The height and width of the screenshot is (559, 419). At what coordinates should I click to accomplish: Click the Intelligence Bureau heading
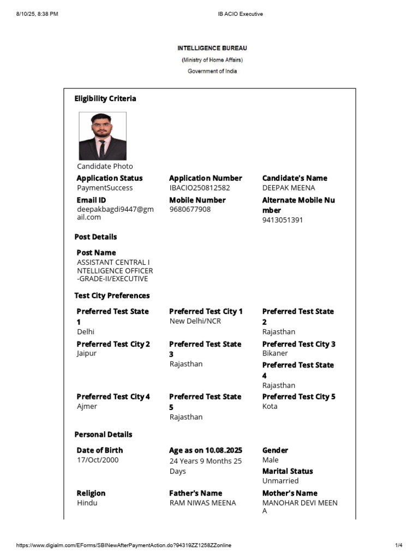pos(212,48)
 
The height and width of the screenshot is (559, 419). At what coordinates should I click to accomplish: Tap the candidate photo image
pos(103,136)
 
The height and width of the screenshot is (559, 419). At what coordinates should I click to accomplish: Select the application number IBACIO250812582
pos(200,188)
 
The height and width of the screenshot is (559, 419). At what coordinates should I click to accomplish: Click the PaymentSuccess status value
pos(105,188)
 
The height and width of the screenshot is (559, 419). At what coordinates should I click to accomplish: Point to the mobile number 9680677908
pos(190,209)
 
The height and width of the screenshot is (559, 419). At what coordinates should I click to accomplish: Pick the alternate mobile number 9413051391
pos(283,220)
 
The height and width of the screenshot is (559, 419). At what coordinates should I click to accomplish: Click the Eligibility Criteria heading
pos(105,99)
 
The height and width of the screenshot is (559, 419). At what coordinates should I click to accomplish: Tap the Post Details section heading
pos(95,237)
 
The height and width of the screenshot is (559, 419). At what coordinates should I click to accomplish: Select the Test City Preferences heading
pos(112,296)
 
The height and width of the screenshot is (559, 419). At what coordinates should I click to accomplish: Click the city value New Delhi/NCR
pos(195,321)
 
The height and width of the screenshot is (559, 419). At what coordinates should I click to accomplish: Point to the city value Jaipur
pos(87,353)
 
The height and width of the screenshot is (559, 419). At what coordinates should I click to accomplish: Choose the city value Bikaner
pos(275,353)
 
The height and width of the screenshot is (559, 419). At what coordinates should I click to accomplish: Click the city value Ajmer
pos(87,406)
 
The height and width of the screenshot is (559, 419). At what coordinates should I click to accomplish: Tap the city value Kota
pos(270,406)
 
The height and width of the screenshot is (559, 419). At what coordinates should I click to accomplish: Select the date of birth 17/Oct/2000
pos(98,460)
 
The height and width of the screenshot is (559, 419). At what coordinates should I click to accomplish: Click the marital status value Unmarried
pos(280,481)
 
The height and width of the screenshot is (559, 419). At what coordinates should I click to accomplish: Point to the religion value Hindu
pos(87,502)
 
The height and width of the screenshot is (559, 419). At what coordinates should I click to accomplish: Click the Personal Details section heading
pos(103,435)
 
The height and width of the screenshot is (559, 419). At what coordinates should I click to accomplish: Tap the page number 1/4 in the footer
pos(398,545)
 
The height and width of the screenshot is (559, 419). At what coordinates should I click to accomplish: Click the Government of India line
pos(212,71)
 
